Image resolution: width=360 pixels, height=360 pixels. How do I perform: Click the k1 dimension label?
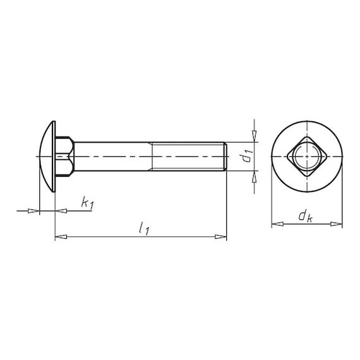click(88, 203)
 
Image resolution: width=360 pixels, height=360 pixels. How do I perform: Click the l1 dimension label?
click(144, 227)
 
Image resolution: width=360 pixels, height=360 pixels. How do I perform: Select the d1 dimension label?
click(248, 156)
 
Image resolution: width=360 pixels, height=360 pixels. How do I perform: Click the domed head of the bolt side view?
click(46, 157)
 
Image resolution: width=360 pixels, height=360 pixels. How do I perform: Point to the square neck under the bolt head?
click(65, 157)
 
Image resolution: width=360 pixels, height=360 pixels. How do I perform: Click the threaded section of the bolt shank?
click(188, 157)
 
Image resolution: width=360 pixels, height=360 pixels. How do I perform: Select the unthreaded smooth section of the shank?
click(113, 157)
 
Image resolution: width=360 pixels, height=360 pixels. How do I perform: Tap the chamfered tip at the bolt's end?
click(225, 157)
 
